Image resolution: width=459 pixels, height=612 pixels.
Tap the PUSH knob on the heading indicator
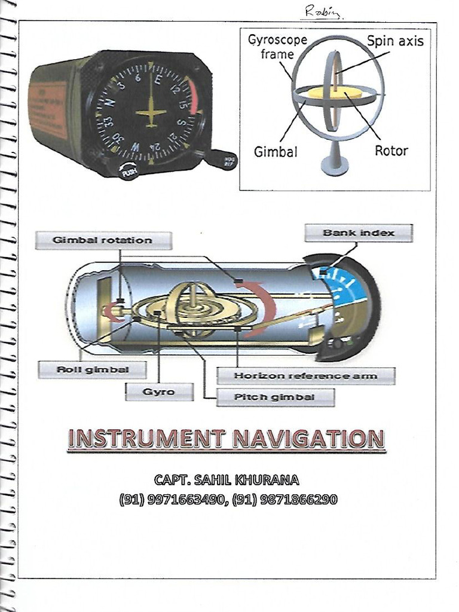coord(128,171)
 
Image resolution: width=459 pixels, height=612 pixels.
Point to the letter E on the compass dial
coord(158,79)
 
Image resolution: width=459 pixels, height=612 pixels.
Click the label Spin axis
coord(394,41)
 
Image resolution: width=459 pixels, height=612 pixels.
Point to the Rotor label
coord(391,151)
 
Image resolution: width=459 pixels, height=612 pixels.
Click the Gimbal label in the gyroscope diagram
coord(275,152)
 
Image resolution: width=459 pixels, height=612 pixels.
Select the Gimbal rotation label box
coord(103,240)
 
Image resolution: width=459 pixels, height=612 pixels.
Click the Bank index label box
coord(358,233)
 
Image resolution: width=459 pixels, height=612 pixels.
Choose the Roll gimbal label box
coord(92,369)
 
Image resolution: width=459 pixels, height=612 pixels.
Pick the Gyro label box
coord(159,391)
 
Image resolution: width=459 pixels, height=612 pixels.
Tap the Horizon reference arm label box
coord(305,376)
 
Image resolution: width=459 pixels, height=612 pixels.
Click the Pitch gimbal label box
coord(275,397)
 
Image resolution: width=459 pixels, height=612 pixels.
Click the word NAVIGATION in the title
coord(307,439)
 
